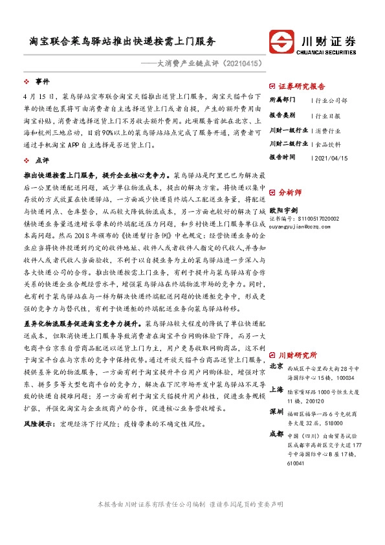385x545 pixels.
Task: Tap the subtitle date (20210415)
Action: click(242, 64)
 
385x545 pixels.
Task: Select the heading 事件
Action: click(42, 82)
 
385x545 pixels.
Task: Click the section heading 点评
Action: click(42, 159)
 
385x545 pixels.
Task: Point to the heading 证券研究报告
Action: click(302, 86)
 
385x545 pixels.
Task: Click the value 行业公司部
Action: click(331, 100)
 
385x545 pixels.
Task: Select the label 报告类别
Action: click(282, 115)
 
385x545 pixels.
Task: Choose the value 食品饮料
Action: click(327, 143)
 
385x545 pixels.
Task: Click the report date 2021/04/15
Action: click(331, 157)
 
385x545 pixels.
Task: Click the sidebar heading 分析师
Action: click(290, 192)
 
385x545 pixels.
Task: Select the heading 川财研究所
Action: click(298, 355)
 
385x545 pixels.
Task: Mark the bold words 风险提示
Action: click(38, 424)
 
